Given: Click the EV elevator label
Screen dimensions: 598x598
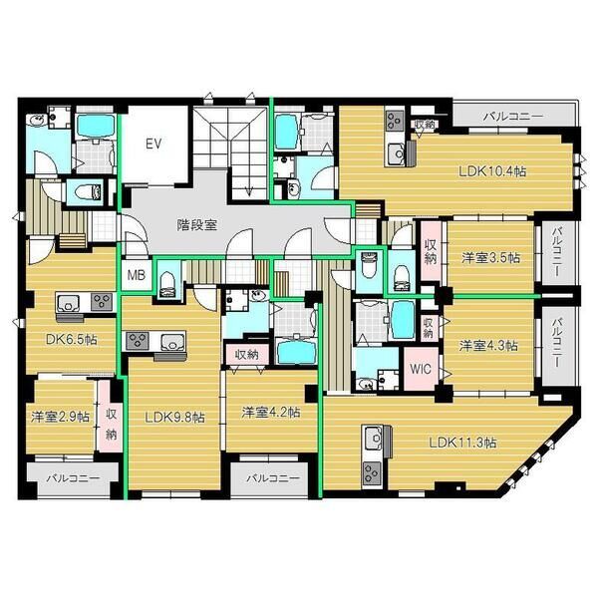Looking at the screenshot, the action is [153, 144].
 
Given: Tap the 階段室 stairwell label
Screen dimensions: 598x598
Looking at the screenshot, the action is [196, 225].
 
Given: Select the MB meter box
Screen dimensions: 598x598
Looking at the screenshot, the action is [137, 275].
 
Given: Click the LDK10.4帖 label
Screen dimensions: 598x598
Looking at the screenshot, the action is [492, 171].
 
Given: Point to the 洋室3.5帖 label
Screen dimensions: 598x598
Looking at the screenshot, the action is [490, 258].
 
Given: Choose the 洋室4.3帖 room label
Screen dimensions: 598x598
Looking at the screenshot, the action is [488, 346].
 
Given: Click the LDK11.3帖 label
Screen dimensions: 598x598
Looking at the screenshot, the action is [462, 443].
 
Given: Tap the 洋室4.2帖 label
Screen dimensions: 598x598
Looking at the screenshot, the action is [271, 413].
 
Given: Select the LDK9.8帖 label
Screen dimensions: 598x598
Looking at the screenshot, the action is [174, 418].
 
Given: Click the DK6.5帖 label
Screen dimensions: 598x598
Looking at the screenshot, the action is [72, 339].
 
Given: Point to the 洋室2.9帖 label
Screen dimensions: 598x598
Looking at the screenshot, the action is [60, 417].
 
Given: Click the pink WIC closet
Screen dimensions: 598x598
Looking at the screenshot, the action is [421, 369].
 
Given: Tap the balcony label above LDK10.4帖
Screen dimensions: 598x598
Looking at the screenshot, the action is [513, 117].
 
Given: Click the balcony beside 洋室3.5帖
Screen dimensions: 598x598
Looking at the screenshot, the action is [558, 252].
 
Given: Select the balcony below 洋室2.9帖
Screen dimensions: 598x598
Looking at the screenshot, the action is [73, 478].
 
